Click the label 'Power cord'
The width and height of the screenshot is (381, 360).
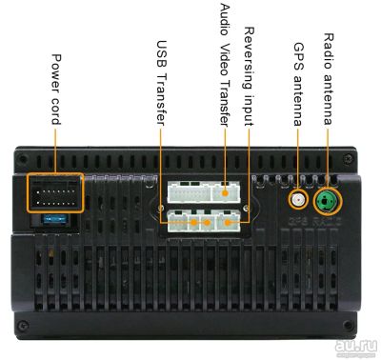56,90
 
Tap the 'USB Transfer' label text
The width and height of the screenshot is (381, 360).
161,83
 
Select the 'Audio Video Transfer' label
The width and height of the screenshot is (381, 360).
225,65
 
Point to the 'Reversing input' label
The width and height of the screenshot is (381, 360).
249,76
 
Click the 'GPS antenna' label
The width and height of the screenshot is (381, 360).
298,84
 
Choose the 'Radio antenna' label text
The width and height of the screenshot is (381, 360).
328,79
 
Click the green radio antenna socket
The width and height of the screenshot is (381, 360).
328,201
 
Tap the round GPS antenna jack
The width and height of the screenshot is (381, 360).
298,200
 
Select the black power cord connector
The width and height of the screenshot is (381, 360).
55,193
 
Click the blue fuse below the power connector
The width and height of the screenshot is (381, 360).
55,218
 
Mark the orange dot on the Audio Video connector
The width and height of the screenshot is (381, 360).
225,193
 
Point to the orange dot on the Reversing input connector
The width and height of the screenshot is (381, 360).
228,223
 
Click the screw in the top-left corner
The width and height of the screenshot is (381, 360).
22,158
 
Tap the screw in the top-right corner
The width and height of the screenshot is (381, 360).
349,157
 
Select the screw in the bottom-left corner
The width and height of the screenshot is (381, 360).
22,325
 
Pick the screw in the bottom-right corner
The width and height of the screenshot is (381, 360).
349,326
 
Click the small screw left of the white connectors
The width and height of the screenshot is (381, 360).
160,209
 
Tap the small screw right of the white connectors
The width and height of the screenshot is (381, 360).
244,208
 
